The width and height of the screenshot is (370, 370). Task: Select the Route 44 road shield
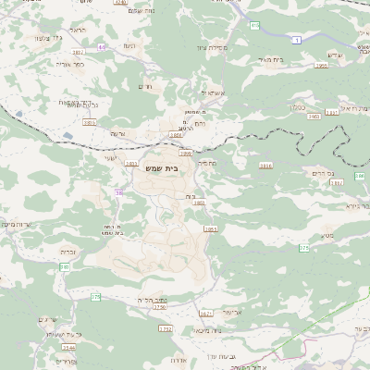coord(101,46)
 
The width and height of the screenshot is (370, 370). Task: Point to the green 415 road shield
coord(254,26)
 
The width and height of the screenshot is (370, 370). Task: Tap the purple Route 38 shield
coord(118,192)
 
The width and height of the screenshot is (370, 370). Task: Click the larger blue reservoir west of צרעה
coord(68,137)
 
